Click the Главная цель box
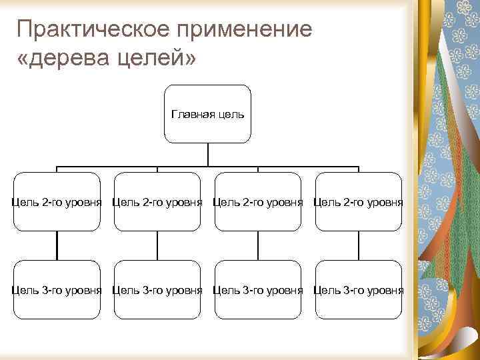pyautogui.click(x=208, y=114)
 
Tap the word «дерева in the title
pyautogui.click(x=60, y=59)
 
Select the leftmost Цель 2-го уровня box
pyautogui.click(x=57, y=201)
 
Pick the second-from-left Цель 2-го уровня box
pyautogui.click(x=157, y=201)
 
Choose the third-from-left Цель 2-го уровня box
pyautogui.click(x=258, y=201)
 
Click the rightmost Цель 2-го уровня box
pyautogui.click(x=358, y=201)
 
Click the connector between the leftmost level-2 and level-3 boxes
pyautogui.click(x=57, y=245)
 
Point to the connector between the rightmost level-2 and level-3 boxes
pyautogui.click(x=358, y=245)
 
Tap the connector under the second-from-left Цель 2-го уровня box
pyautogui.click(x=157, y=245)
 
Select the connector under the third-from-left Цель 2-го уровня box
pyautogui.click(x=258, y=245)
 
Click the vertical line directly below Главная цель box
pyautogui.click(x=208, y=154)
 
